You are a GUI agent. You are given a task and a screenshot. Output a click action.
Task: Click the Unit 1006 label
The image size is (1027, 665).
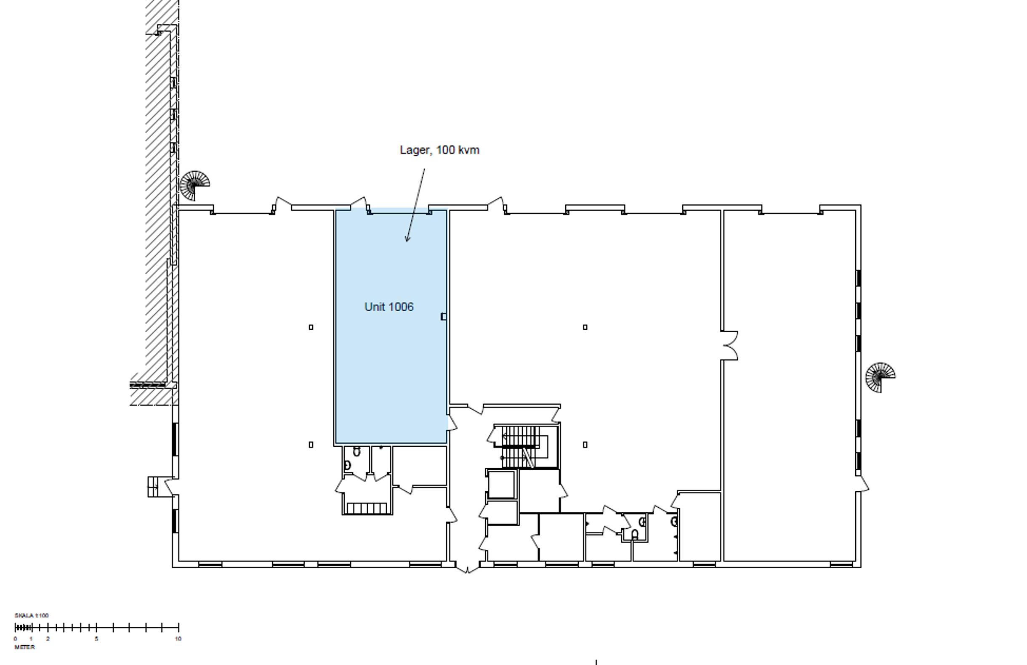pos(389,307)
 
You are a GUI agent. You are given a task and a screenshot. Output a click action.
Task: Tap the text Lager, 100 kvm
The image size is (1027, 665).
pos(439,150)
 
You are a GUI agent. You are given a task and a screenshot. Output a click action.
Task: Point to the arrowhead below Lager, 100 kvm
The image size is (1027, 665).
pos(407,238)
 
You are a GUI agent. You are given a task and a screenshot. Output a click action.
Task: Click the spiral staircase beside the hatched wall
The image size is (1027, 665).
pos(194,185)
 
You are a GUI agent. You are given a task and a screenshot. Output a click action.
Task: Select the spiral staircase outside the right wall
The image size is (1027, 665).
pos(880,377)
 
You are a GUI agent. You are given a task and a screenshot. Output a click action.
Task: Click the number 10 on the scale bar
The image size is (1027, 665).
pos(178,639)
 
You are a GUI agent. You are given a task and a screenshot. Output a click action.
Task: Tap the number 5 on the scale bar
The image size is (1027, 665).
pos(96,639)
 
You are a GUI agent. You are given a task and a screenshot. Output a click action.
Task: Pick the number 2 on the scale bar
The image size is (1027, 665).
pos(48,639)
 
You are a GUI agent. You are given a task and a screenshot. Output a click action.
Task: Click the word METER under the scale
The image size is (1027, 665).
pos(24,647)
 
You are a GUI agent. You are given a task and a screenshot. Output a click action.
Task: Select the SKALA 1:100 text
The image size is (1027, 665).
pos(32,615)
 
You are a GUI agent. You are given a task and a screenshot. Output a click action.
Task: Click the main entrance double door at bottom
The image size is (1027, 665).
pos(467,567)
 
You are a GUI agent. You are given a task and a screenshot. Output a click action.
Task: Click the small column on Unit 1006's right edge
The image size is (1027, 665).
pos(443,317)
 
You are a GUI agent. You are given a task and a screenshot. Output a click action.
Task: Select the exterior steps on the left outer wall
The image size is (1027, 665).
pos(153,487)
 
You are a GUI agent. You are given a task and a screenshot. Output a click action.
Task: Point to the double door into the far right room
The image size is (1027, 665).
pos(729,345)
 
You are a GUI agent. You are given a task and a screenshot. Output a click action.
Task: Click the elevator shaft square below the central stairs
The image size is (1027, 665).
pos(501,484)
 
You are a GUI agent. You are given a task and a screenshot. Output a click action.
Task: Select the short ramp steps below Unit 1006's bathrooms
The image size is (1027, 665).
pos(367,509)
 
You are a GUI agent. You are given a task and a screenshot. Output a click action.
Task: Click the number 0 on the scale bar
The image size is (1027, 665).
pos(16,639)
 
